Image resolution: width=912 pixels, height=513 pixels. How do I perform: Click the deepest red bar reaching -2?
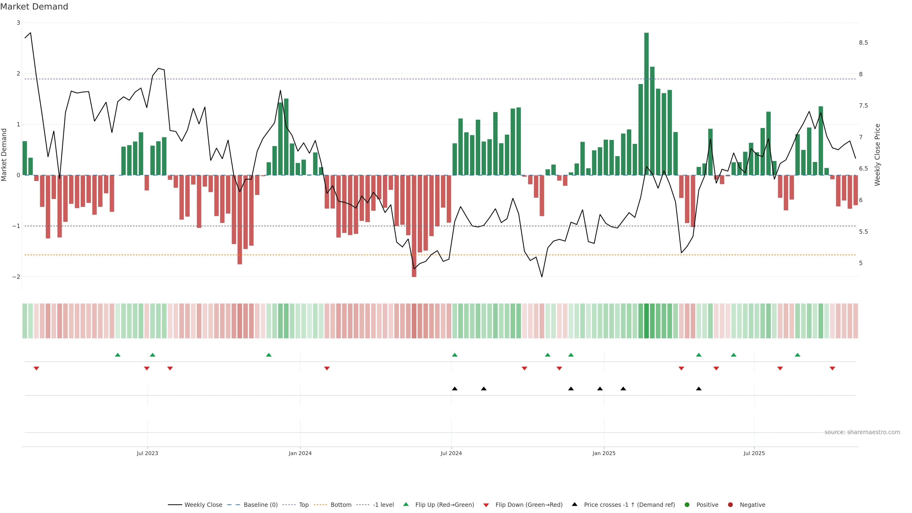414,227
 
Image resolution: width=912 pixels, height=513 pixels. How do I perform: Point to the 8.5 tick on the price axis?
863,43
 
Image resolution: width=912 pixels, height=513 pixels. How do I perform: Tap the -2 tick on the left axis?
16,277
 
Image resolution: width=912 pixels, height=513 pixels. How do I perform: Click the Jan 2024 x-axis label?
300,453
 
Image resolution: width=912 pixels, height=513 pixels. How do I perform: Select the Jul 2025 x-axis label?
754,453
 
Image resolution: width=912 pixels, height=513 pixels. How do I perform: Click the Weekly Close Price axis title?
877,155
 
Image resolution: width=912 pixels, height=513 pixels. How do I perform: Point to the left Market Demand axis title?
4,155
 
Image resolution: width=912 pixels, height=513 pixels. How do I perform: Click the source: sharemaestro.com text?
862,432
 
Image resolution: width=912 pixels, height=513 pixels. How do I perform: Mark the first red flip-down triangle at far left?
36,369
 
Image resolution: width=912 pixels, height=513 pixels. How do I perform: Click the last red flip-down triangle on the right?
832,369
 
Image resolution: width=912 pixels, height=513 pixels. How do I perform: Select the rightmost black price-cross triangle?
698,389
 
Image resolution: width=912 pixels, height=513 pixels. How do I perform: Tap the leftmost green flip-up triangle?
118,355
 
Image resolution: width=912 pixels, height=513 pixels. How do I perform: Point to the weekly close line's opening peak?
30,33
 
